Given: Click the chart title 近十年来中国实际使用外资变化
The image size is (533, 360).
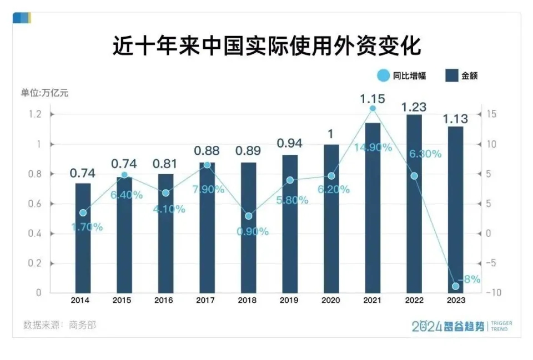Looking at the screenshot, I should click(266, 46).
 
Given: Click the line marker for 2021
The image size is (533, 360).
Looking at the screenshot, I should click(373, 108).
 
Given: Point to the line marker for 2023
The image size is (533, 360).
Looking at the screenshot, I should click(456, 286).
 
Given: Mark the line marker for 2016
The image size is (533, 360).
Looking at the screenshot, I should click(165, 192).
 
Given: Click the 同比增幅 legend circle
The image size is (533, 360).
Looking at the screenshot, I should click(383, 76).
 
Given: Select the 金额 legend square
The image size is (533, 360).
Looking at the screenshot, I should click(451, 76).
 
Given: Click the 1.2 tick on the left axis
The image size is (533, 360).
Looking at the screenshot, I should click(35, 114).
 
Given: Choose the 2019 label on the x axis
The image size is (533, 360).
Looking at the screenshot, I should click(290, 300).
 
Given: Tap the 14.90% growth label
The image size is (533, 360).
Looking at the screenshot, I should click(373, 148).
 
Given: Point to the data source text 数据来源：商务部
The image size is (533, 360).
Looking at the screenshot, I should click(60, 324).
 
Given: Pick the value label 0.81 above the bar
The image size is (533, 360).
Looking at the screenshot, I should click(165, 165).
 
